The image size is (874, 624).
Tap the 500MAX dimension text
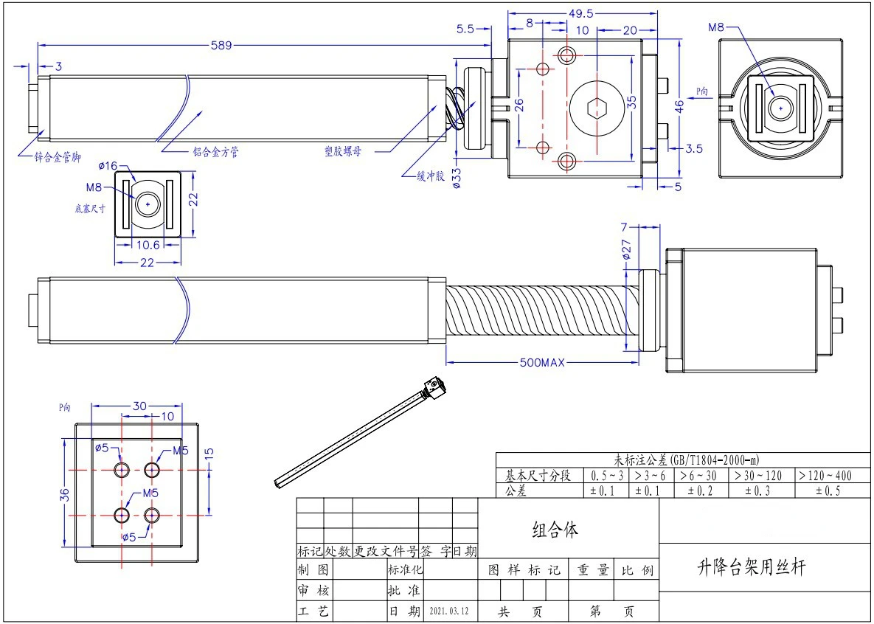click(542, 362)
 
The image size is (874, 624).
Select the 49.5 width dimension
click(580, 13)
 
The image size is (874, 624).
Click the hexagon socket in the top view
click(596, 109)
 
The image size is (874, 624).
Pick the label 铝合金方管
click(215, 152)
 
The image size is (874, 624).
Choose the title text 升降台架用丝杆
click(752, 567)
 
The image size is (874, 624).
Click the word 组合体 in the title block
click(555, 529)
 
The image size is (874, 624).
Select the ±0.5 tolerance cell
click(825, 490)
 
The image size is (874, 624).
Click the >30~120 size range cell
click(759, 476)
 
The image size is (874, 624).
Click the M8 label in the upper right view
click(716, 27)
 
